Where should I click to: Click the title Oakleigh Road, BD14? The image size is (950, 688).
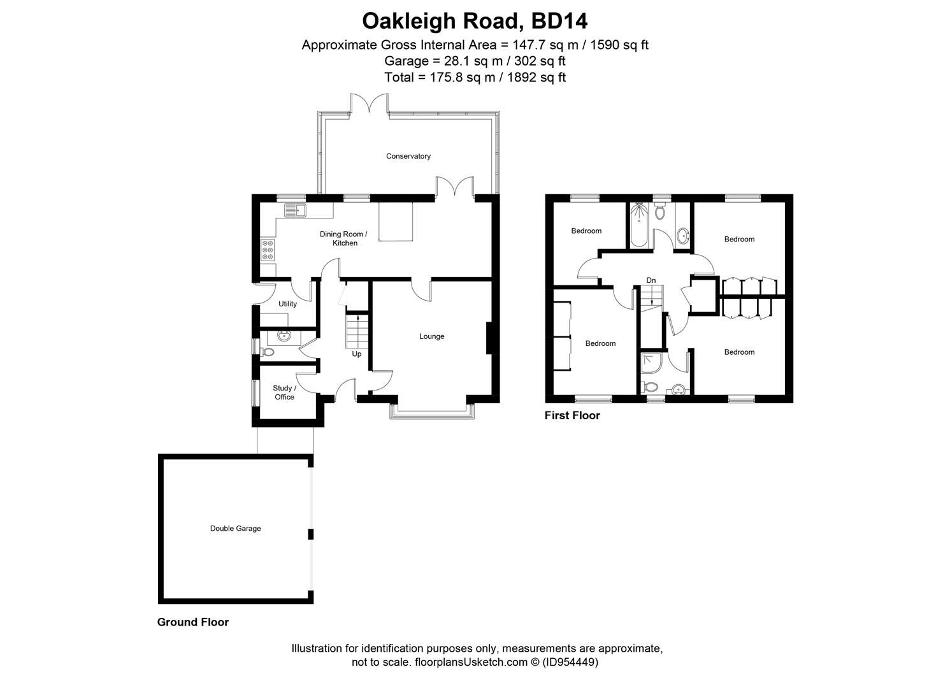click(x=475, y=21)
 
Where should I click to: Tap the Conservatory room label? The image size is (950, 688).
click(x=408, y=156)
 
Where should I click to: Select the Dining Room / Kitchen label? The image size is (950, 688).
click(x=343, y=238)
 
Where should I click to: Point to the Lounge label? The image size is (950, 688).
click(x=431, y=336)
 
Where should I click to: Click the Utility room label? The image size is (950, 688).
click(x=287, y=304)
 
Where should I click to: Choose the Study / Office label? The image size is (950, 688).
click(x=284, y=392)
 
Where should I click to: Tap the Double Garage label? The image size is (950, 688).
click(x=235, y=528)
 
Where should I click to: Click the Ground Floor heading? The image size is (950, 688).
click(x=192, y=622)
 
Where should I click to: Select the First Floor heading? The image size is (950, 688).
click(x=572, y=415)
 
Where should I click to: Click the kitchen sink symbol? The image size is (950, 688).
click(x=296, y=210)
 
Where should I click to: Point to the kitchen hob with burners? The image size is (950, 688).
click(x=268, y=250)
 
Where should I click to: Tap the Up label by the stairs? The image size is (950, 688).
click(x=356, y=354)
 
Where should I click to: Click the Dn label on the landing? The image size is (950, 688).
click(x=651, y=280)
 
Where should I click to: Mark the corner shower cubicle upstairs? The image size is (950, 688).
click(x=651, y=363)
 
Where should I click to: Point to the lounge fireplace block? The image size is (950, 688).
click(x=489, y=338)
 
